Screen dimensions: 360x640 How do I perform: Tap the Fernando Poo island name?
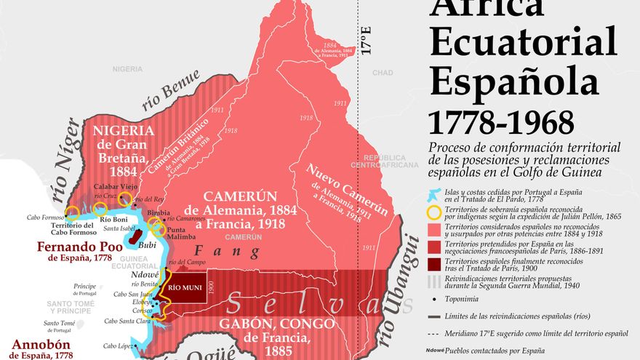tap(81, 247)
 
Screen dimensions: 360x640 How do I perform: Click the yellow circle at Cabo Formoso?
tap(72, 214)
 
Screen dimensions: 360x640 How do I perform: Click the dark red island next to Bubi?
tap(135, 233)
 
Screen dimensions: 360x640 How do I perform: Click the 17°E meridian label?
tap(367, 41)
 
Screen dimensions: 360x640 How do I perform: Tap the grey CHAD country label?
tap(383, 73)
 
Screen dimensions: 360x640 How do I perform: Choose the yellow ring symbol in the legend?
tap(434, 212)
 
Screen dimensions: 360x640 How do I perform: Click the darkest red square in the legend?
tap(434, 264)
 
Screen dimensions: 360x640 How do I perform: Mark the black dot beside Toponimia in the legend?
tap(434, 298)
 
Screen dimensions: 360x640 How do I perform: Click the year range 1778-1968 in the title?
tap(500, 121)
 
